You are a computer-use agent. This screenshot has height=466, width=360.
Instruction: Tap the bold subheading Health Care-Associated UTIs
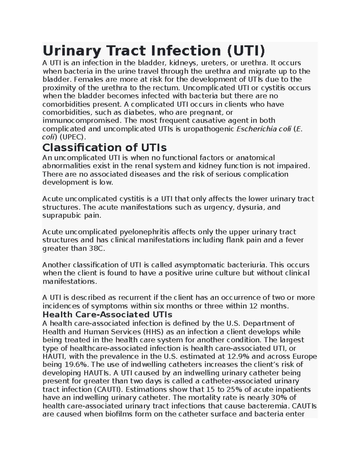tap(107, 314)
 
